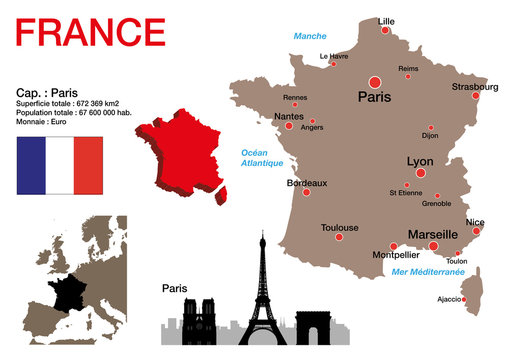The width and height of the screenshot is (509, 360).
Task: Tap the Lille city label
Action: tap(386, 20)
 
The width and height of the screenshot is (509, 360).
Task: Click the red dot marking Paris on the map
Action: tap(375, 81)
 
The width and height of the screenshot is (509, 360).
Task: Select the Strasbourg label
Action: tap(475, 87)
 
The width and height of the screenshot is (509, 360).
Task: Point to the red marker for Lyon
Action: tap(420, 173)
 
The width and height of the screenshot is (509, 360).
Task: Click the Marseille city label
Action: tap(433, 235)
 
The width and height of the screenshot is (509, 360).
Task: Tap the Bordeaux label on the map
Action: tap(306, 183)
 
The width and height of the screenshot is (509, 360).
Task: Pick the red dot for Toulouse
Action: tap(339, 238)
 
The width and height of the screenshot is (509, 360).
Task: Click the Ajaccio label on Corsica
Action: tap(450, 299)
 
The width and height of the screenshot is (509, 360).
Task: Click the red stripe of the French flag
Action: tap(88, 167)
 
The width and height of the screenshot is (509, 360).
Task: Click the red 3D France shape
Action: tap(179, 161)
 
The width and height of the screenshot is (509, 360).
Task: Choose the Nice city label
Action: tap(475, 222)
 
